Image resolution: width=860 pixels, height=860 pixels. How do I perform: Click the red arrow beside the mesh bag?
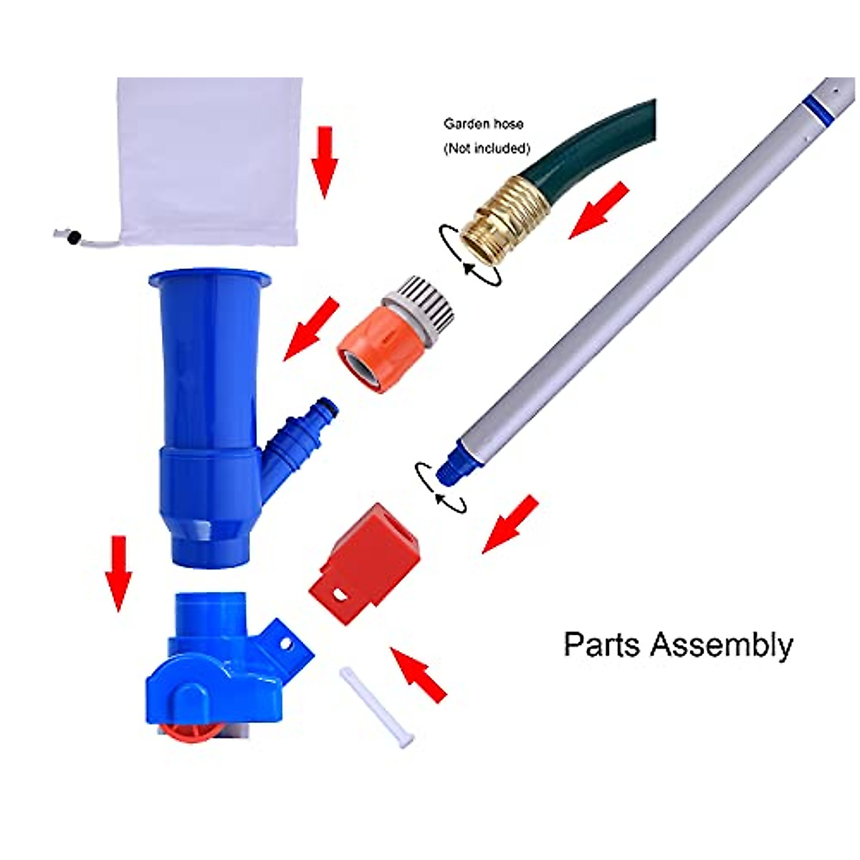tap(325, 161)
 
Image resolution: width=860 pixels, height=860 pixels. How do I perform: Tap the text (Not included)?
tap(487, 148)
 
